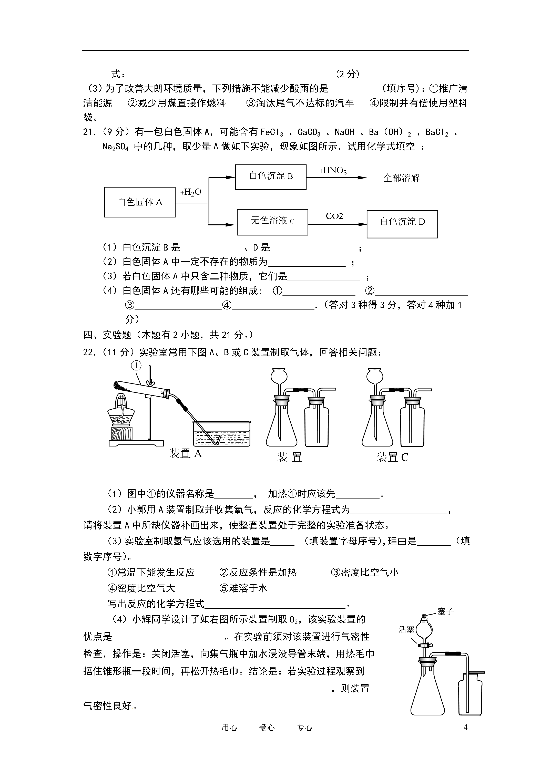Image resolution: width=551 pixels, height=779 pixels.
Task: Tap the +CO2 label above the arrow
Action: (332, 216)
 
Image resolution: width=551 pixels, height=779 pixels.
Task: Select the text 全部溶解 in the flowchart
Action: (401, 178)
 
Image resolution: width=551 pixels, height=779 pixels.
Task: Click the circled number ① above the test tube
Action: (136, 365)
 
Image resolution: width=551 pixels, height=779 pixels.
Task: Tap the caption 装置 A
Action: (185, 453)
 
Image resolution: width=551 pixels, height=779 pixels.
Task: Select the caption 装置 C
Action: (392, 457)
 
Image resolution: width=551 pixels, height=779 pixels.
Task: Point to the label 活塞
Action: (406, 630)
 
